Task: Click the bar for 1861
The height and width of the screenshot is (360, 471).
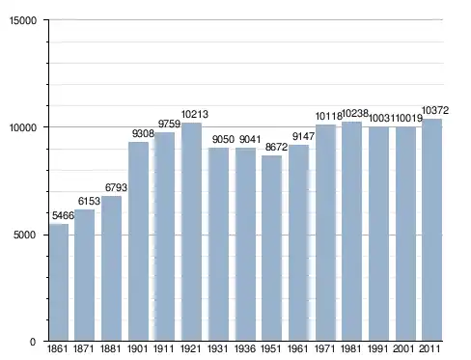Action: [x=59, y=282]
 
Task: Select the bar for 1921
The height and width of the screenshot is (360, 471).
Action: [x=192, y=232]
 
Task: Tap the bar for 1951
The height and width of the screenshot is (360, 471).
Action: [x=272, y=248]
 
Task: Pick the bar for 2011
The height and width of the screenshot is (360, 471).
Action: [x=431, y=230]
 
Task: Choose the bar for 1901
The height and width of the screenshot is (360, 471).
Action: [x=138, y=241]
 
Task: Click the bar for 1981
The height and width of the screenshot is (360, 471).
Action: [x=351, y=232]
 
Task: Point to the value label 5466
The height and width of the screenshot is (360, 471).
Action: [x=63, y=215]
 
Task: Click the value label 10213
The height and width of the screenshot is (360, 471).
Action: [x=195, y=114]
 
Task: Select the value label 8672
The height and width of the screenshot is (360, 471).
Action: [x=276, y=147]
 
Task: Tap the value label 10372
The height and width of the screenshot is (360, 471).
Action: [x=435, y=111]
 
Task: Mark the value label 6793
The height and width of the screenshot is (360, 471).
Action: [x=116, y=187]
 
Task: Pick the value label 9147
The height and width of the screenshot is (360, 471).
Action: [x=303, y=136]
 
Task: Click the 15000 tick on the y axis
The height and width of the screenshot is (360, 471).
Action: [x=23, y=20]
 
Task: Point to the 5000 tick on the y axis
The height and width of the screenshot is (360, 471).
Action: [x=24, y=235]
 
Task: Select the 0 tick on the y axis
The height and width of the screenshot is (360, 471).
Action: [x=33, y=342]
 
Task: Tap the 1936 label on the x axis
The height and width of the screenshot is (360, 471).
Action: [x=245, y=348]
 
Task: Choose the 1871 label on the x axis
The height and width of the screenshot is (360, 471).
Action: [x=84, y=348]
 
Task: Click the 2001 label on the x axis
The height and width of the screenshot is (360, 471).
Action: [x=404, y=348]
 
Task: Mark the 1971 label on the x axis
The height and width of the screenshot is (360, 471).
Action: [x=324, y=348]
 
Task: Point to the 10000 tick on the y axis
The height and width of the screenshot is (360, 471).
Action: [x=23, y=127]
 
